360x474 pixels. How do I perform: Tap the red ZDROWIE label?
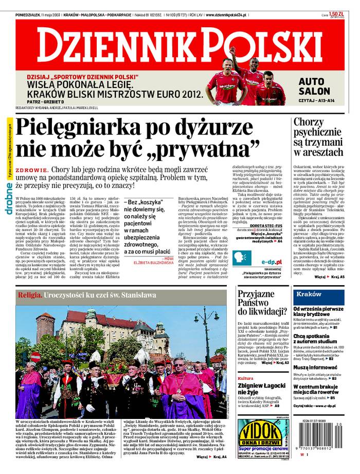tap(32, 170)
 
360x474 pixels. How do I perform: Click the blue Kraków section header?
tap(309, 294)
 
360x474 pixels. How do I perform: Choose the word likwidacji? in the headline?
tap(262, 311)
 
